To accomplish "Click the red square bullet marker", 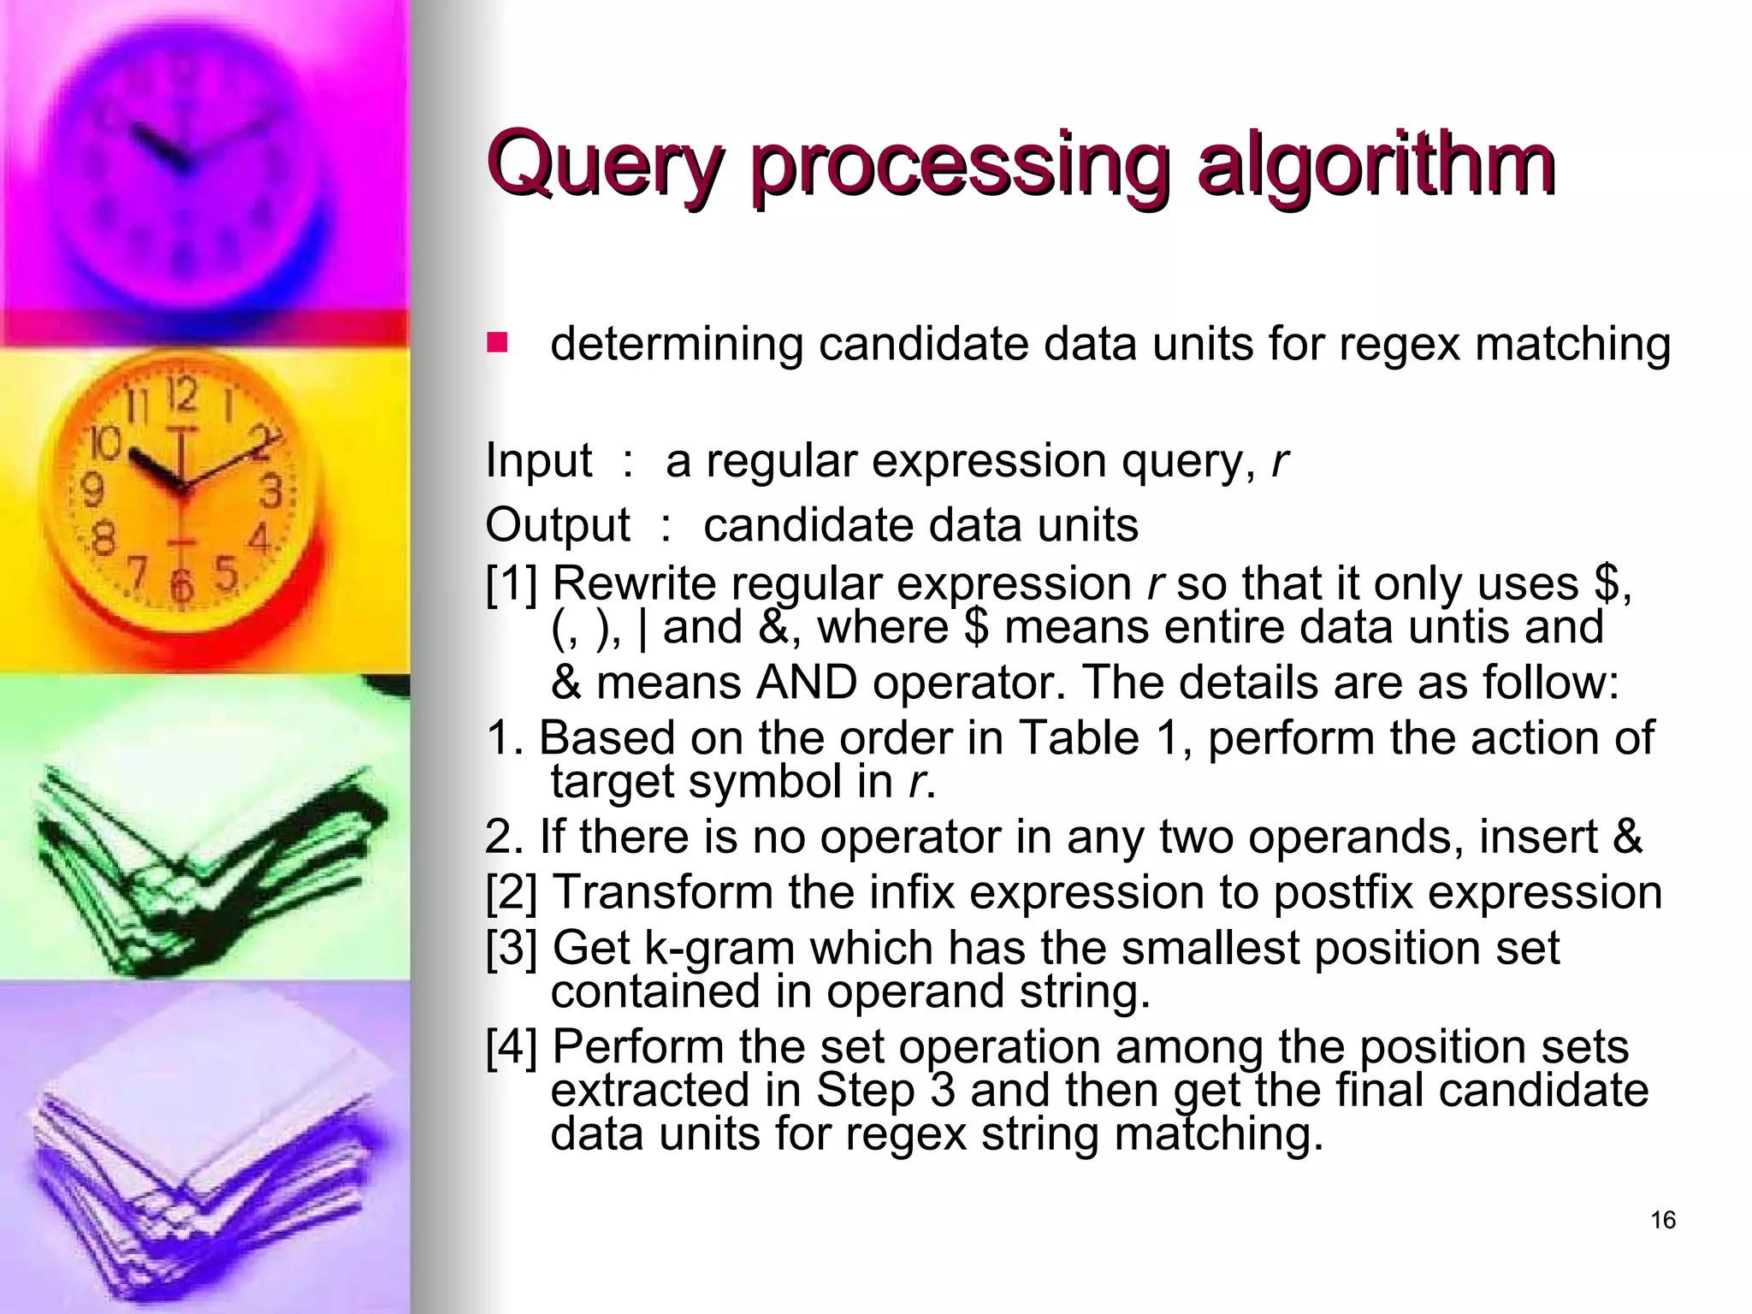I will point(497,343).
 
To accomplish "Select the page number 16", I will point(1663,1220).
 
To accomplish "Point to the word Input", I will point(538,460).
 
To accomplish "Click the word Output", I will point(558,524).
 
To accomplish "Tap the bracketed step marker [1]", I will point(512,584).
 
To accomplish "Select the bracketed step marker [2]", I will point(512,892).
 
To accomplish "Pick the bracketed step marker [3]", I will point(512,948).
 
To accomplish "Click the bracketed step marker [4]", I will point(512,1047).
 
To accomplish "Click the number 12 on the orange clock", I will point(181,396).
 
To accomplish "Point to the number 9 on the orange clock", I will point(92,490).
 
